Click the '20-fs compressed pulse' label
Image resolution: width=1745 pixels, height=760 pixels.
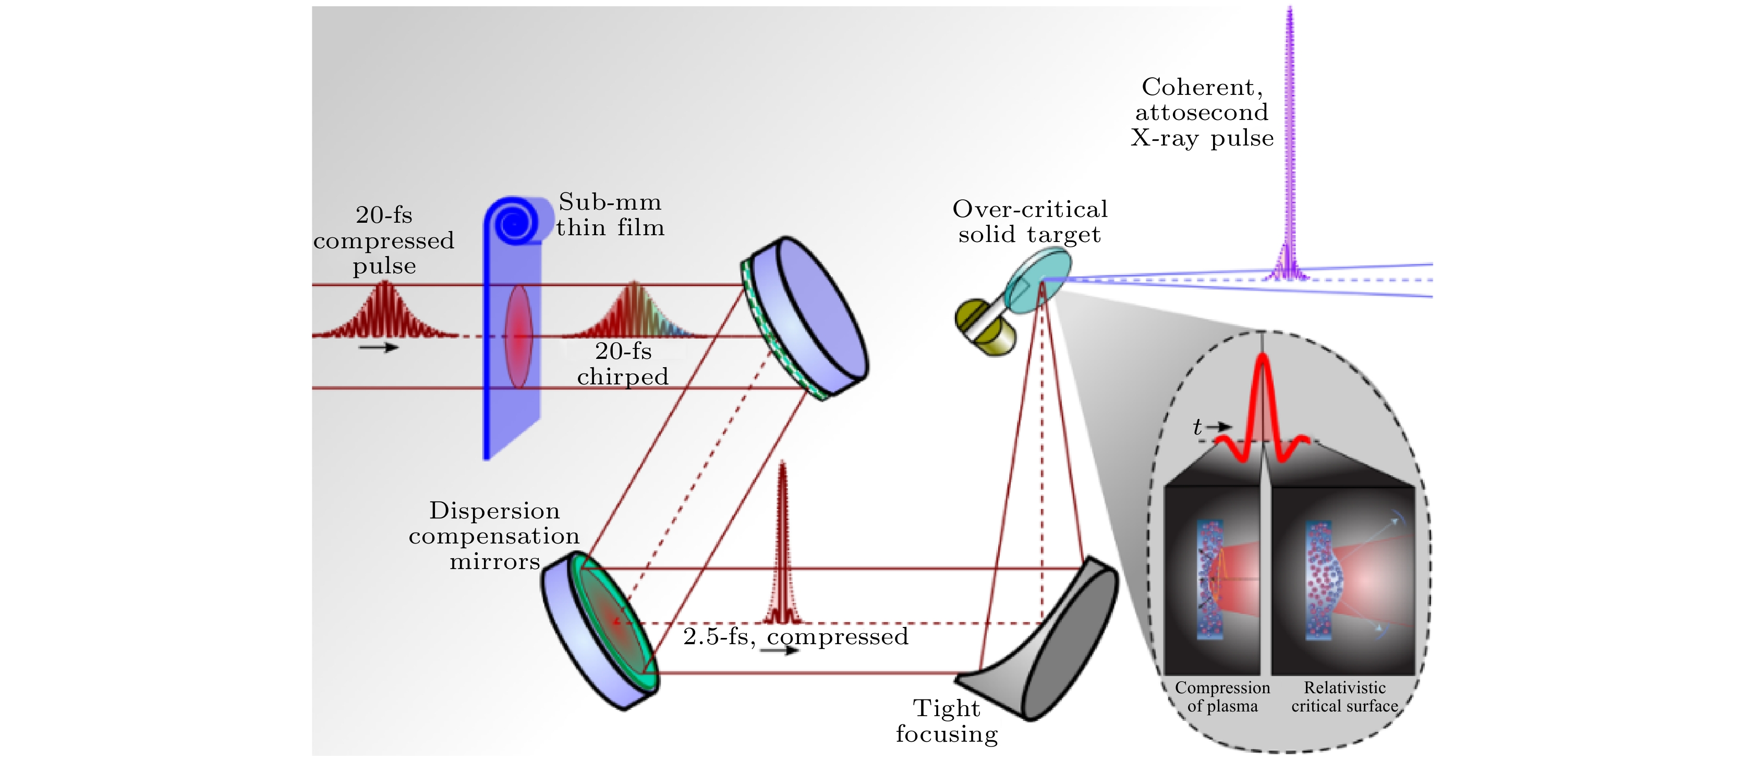(383, 240)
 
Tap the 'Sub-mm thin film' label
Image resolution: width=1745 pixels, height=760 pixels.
(610, 215)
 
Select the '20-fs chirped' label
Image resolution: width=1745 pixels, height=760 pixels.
(623, 364)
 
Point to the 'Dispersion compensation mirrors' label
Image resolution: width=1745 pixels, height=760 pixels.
(494, 536)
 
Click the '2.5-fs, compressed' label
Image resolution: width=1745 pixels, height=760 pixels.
(796, 637)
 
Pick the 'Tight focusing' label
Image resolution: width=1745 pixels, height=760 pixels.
(947, 721)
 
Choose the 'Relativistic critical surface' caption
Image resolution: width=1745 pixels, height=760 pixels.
(1344, 697)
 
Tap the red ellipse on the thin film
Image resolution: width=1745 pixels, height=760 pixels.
(518, 336)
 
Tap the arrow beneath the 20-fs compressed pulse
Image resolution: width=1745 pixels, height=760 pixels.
(379, 347)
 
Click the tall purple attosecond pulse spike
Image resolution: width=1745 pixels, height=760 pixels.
(1289, 142)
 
